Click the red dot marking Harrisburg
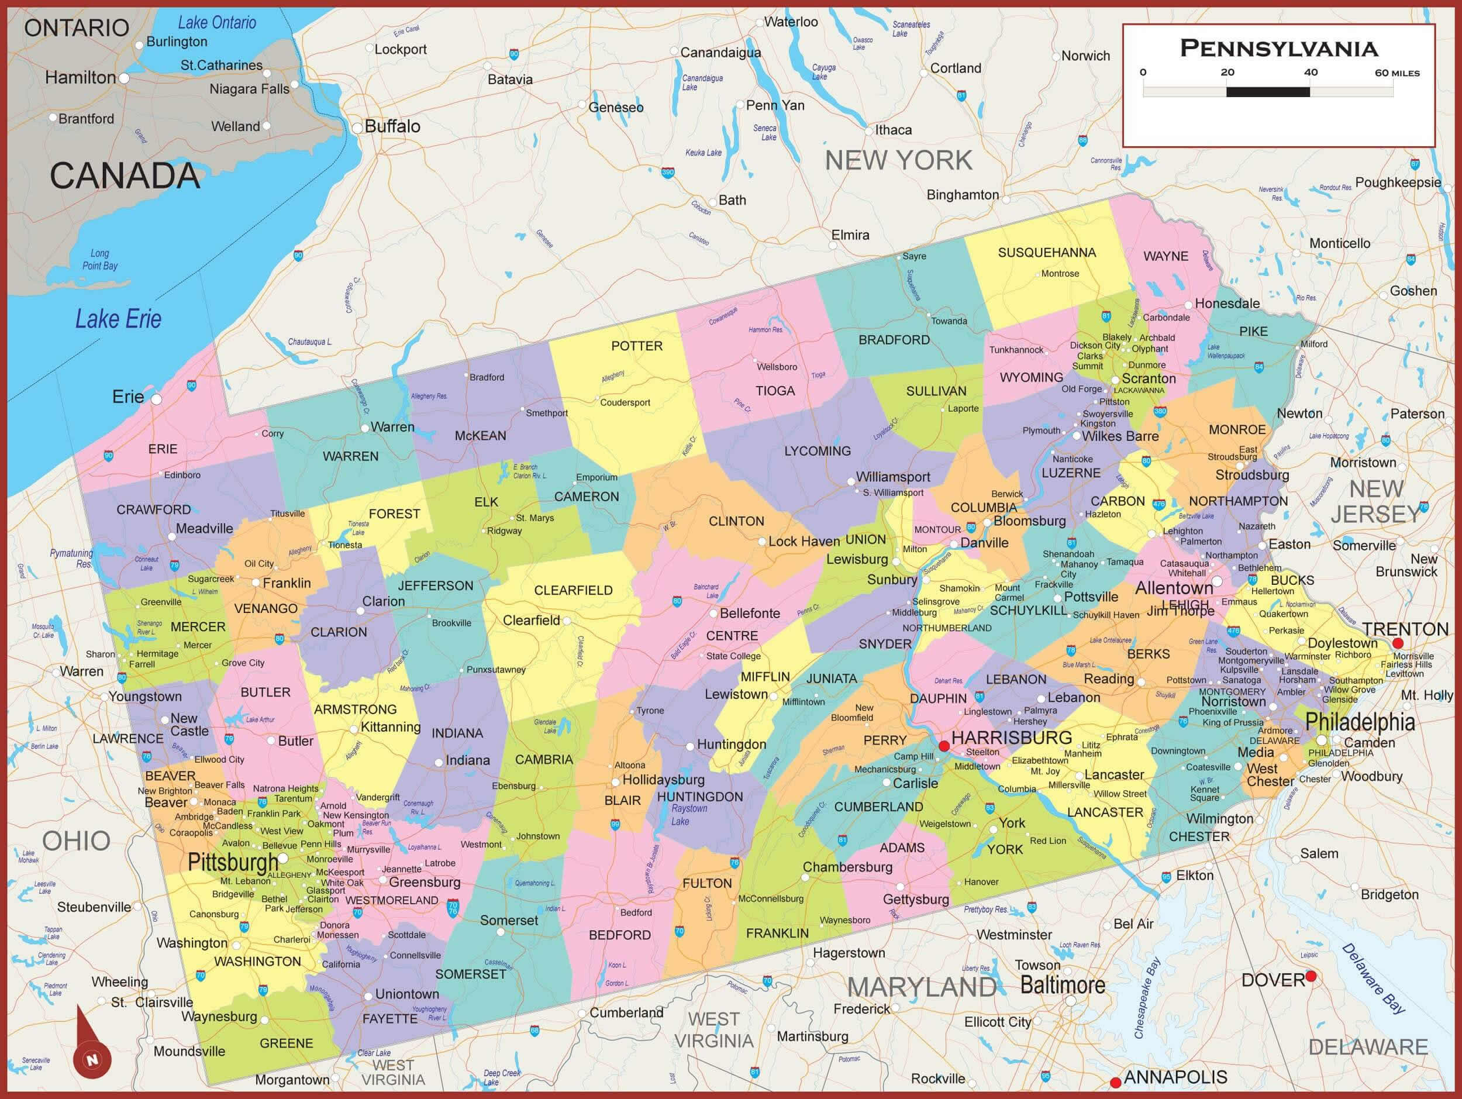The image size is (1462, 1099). coord(944,746)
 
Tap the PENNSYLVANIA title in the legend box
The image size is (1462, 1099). coord(1278,48)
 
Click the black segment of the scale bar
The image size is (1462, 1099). coord(1268,92)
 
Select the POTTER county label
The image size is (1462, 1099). coord(636,346)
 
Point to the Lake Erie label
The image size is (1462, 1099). coord(118,319)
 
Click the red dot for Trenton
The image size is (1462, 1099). coord(1397,643)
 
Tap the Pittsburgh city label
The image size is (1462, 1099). coord(233,862)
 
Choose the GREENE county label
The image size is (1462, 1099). coord(286,1043)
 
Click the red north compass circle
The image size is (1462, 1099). coord(92,1059)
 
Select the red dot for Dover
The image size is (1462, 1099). coord(1311,976)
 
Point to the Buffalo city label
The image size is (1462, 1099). coord(392,126)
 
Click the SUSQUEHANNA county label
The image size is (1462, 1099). coord(1046,253)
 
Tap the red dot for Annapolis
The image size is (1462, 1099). coord(1116,1082)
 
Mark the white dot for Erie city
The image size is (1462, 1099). coord(157,399)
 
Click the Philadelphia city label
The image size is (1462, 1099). coord(1360,722)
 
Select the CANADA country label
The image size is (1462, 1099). coord(124,176)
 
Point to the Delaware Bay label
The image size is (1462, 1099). coord(1374,978)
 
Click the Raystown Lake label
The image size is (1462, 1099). coord(689,815)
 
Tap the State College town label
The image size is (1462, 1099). coord(733,656)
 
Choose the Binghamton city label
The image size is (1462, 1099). coord(963,194)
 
